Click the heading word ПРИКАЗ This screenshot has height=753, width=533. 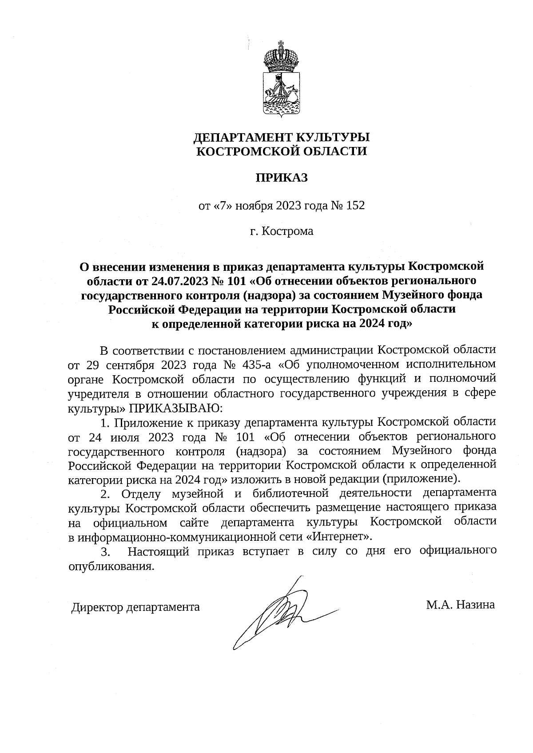281,178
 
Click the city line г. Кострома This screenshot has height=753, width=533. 281,231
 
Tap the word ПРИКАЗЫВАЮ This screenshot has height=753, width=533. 176,408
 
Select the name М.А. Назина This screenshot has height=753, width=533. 460,604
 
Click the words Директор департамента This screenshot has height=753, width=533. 135,606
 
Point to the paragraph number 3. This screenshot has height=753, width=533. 105,552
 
